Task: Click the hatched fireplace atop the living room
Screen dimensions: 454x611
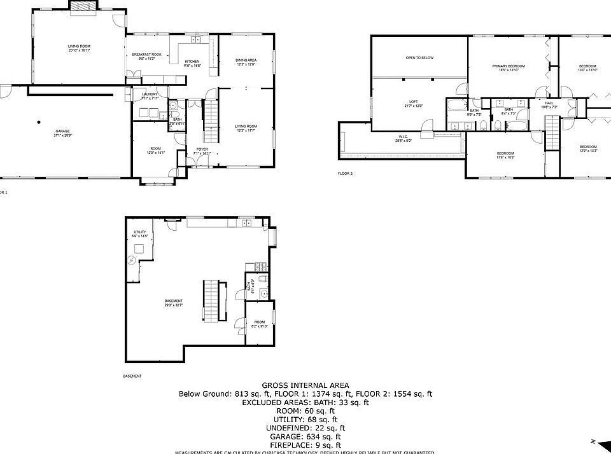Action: click(83, 6)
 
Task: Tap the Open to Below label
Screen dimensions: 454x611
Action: click(419, 58)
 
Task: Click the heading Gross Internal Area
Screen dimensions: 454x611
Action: click(305, 385)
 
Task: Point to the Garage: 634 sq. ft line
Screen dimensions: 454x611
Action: click(305, 436)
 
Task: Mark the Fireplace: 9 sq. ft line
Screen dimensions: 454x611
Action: click(305, 445)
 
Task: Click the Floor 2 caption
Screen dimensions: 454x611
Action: click(345, 173)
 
